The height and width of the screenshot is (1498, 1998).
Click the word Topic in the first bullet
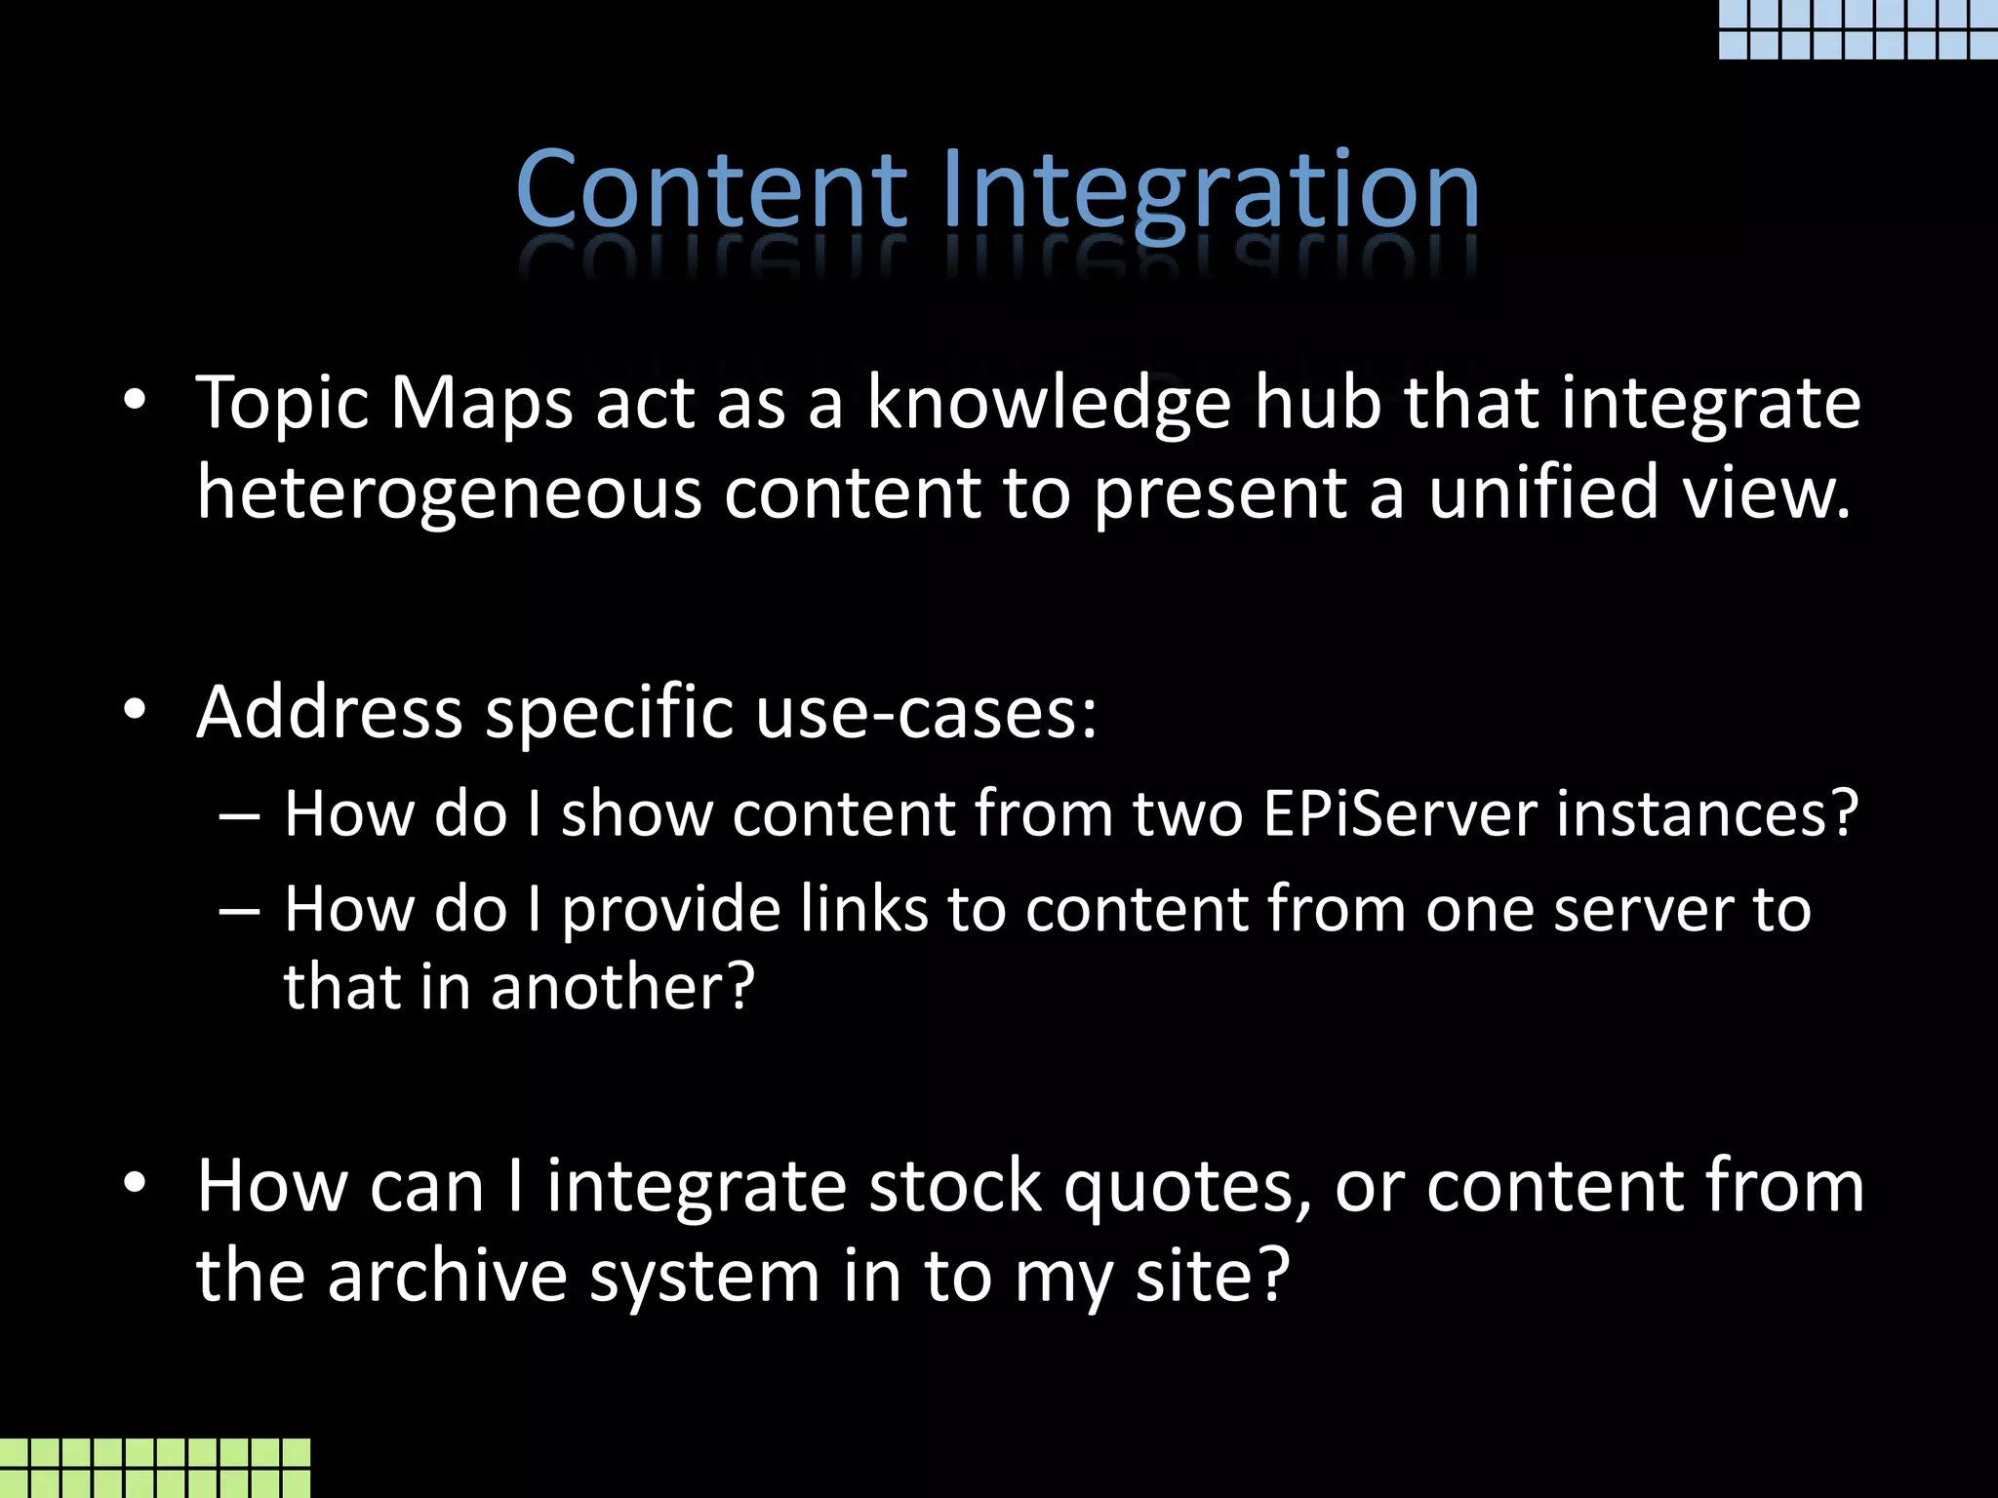pyautogui.click(x=282, y=403)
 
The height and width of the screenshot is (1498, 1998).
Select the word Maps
pyautogui.click(x=481, y=403)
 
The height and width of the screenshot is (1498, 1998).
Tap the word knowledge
pyautogui.click(x=1049, y=403)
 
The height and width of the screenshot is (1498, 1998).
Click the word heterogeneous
pyautogui.click(x=449, y=493)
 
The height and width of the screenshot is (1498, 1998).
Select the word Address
pyautogui.click(x=329, y=711)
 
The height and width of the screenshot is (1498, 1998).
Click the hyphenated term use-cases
pyautogui.click(x=926, y=713)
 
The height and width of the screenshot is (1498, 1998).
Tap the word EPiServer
pyautogui.click(x=1399, y=813)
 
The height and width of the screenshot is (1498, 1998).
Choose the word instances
pyautogui.click(x=1707, y=813)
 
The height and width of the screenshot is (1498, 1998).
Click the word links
pyautogui.click(x=863, y=909)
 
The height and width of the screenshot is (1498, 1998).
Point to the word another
pyautogui.click(x=621, y=987)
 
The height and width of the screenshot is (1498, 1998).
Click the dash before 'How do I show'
pyautogui.click(x=240, y=815)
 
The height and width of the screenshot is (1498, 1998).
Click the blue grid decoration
pyautogui.click(x=1858, y=29)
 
